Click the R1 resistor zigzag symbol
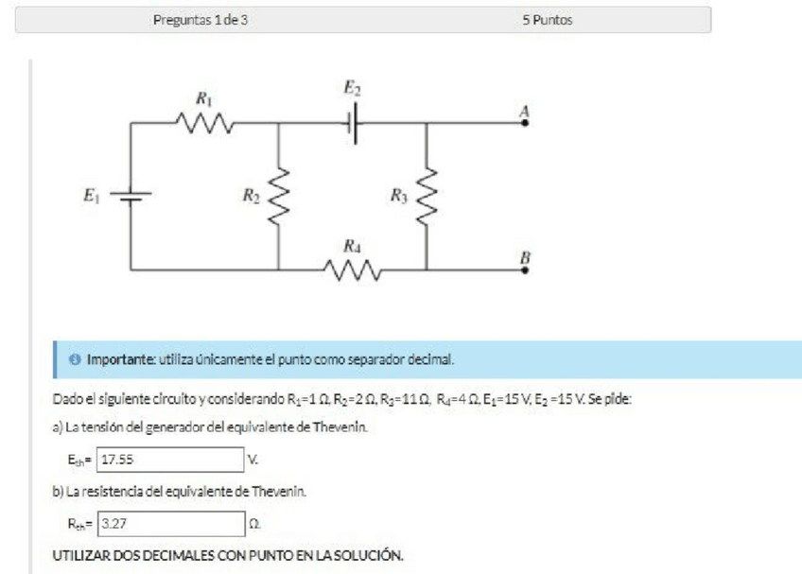pyautogui.click(x=205, y=122)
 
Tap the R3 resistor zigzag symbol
pyautogui.click(x=427, y=197)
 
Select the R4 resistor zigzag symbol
pyautogui.click(x=354, y=270)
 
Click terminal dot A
pyautogui.click(x=525, y=122)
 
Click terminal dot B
pyautogui.click(x=525, y=270)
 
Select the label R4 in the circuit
pyautogui.click(x=353, y=246)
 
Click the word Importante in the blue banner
pyautogui.click(x=122, y=361)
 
